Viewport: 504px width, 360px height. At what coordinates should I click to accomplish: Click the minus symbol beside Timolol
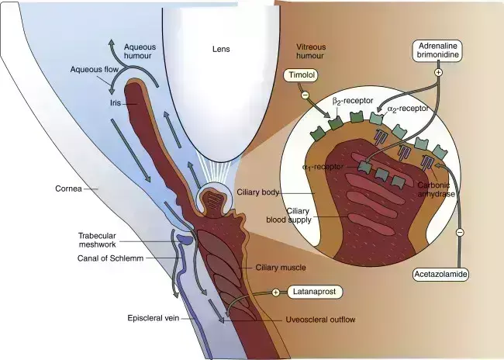click(x=304, y=95)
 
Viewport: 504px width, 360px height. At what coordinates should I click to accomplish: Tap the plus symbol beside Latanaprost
click(x=275, y=292)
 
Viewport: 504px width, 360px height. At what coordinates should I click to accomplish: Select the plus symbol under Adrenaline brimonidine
click(x=437, y=72)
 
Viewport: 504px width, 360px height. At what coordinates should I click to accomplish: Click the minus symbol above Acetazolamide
click(x=459, y=232)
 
